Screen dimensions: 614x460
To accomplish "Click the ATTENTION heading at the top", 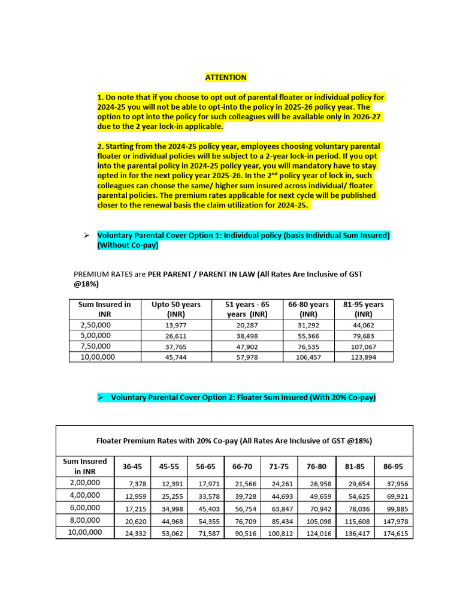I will [x=226, y=77].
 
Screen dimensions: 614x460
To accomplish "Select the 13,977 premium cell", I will [x=176, y=326].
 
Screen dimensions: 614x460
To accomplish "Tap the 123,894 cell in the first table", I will [x=364, y=357].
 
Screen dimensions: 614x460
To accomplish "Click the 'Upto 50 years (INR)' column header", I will [x=176, y=309].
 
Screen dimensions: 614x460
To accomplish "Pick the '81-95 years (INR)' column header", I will [x=364, y=309].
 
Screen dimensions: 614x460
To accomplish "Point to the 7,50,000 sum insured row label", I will [x=95, y=346].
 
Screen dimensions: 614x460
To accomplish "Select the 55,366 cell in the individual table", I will [x=308, y=336].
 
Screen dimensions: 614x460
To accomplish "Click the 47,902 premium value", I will [x=247, y=347].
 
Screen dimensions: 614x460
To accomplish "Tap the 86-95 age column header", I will [x=394, y=466].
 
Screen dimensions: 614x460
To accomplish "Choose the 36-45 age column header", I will [x=132, y=466].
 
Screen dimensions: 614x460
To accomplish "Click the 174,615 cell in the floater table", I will [x=395, y=533].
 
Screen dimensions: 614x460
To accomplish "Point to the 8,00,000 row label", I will [x=84, y=520].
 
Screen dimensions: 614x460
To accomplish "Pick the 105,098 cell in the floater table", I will [x=319, y=520].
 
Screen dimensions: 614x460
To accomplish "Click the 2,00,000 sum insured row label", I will [x=84, y=483].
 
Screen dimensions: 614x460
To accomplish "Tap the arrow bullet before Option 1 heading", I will [x=87, y=236].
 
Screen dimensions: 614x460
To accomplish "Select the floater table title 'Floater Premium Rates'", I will [x=234, y=441].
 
